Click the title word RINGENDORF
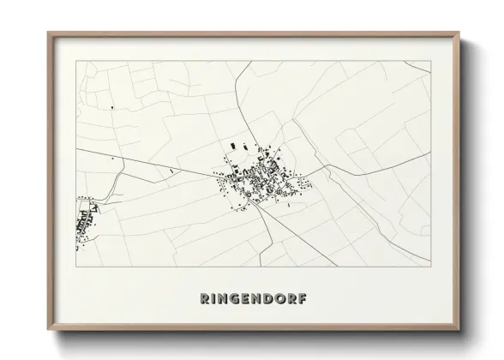[252, 299]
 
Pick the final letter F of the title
[301, 299]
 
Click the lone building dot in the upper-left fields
[111, 107]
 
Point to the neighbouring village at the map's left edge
[85, 223]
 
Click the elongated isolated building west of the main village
[171, 171]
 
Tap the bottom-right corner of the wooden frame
[459, 330]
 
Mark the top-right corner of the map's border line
[429, 61]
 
